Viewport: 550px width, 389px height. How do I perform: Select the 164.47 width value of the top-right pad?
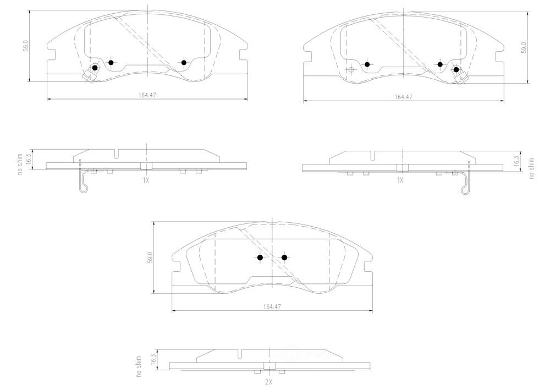pos(404,97)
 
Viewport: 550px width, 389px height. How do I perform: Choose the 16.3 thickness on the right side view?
pos(516,161)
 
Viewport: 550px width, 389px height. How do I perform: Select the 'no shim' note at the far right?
pos(531,168)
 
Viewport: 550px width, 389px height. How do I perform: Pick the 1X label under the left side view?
pos(146,180)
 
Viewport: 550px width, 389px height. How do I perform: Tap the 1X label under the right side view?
pos(400,180)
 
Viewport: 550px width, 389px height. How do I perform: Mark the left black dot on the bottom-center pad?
pos(260,257)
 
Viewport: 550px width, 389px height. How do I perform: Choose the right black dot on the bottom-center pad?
pos(284,257)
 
